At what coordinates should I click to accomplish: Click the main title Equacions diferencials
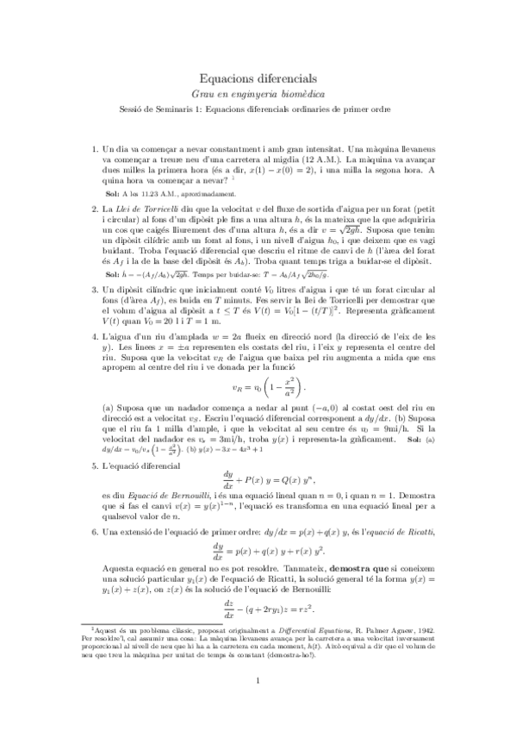pyautogui.click(x=258, y=78)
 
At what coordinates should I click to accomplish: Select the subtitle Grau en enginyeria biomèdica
pyautogui.click(x=258, y=93)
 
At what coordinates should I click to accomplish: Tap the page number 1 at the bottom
pyautogui.click(x=258, y=704)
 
